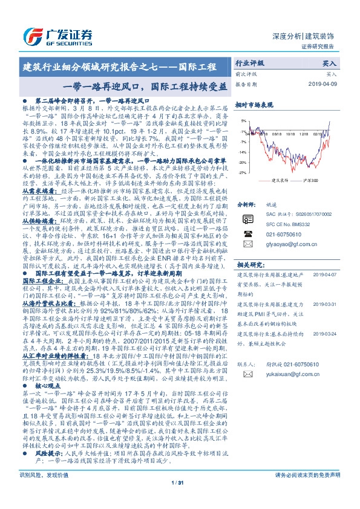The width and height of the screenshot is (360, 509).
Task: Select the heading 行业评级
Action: click(x=250, y=63)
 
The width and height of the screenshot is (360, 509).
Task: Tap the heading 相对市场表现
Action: click(x=254, y=105)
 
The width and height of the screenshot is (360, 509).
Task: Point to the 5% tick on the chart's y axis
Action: click(x=243, y=120)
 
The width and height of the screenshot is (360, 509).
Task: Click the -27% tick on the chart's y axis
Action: click(x=242, y=172)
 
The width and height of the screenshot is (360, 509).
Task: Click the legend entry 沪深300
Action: click(x=309, y=180)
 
